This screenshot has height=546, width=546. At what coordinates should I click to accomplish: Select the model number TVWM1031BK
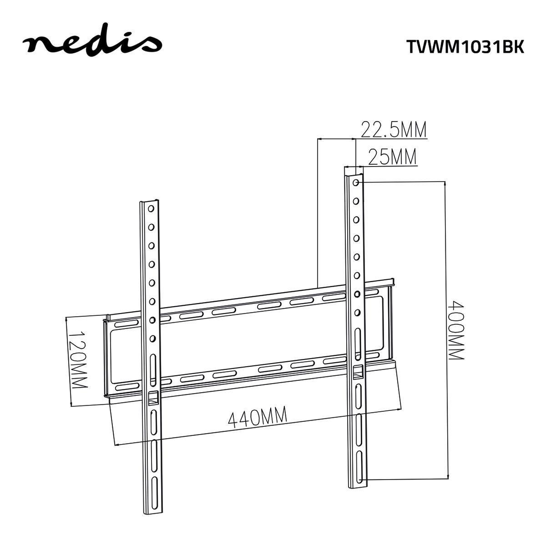465,46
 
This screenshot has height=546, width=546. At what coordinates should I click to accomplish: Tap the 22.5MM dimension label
394,130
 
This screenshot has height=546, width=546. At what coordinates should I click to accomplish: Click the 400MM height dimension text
455,330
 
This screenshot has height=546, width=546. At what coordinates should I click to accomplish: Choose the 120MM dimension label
77,359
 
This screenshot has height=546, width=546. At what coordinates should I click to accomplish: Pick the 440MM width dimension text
258,418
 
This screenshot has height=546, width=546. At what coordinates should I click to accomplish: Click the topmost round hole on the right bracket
355,183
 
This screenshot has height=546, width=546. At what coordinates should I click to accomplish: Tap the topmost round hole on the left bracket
150,209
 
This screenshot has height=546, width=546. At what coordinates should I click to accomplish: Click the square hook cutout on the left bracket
152,397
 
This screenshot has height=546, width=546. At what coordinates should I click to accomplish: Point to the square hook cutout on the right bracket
358,372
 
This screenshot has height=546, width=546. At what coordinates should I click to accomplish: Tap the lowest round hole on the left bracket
152,339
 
